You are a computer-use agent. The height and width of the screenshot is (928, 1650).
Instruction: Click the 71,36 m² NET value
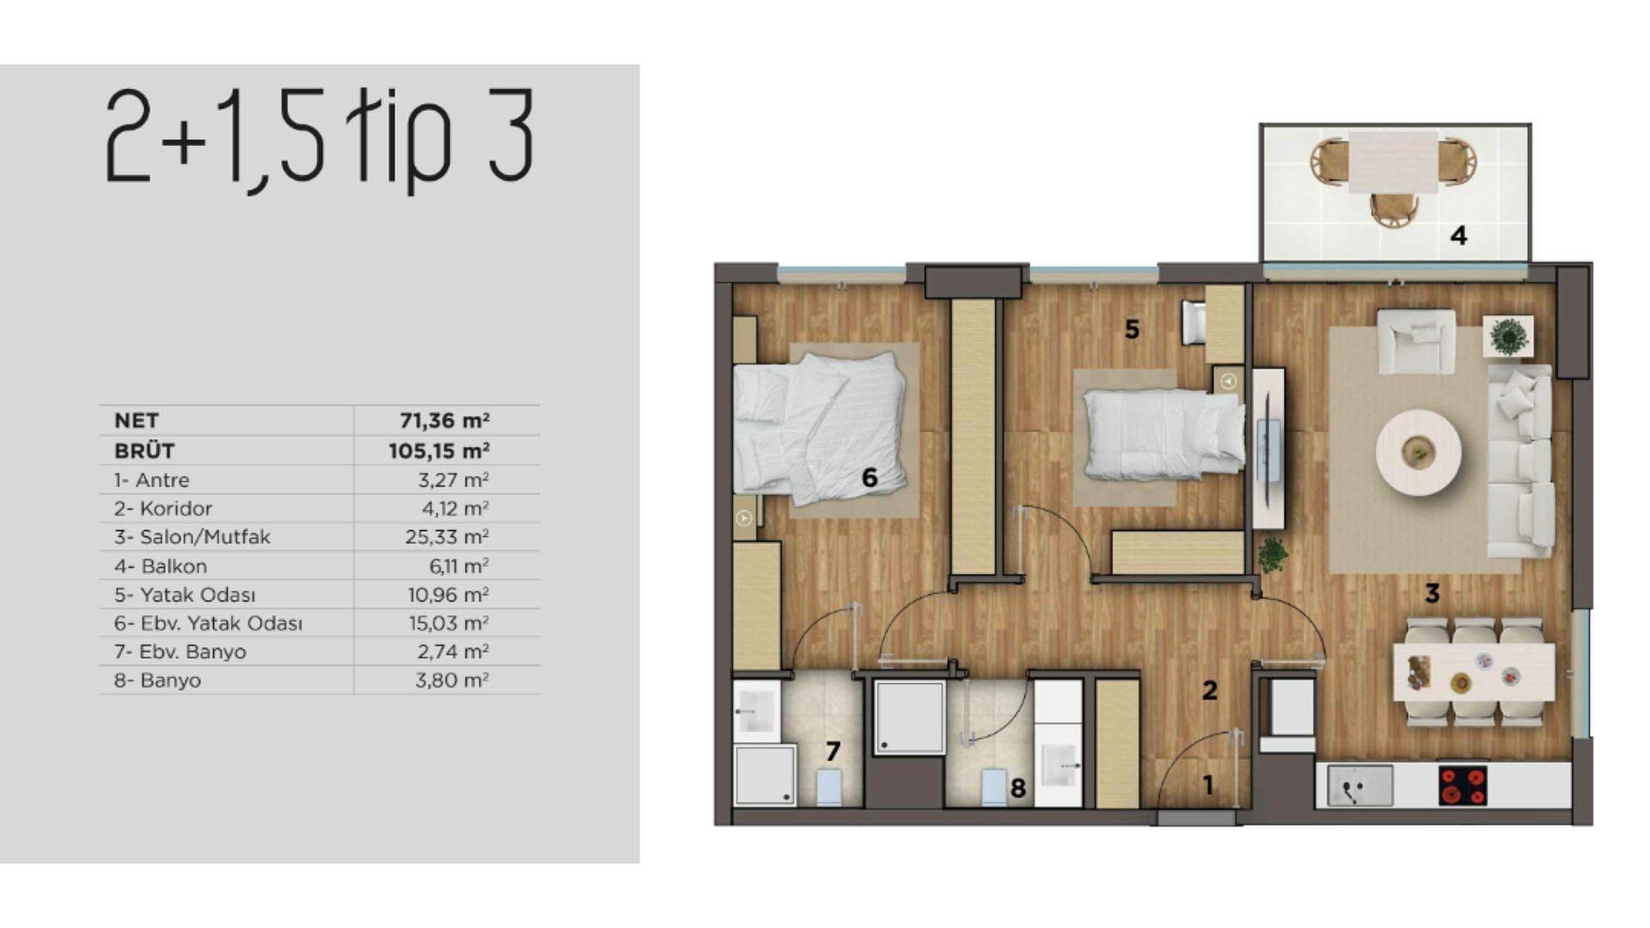(x=444, y=420)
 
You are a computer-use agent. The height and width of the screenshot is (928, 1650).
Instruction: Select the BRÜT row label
(x=144, y=450)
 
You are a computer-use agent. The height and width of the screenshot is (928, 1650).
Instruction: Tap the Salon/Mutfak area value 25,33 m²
(x=447, y=537)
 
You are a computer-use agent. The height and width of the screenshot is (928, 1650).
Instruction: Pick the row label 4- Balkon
(x=161, y=566)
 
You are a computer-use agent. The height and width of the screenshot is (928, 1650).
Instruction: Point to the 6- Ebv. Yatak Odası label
(x=208, y=623)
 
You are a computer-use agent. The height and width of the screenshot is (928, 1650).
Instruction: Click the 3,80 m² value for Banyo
(x=452, y=680)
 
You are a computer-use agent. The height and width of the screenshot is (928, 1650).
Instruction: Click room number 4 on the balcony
(x=1458, y=235)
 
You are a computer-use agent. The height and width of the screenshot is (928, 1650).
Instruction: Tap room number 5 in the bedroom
(x=1132, y=329)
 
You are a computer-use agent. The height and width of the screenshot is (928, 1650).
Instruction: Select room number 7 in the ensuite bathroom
(x=832, y=752)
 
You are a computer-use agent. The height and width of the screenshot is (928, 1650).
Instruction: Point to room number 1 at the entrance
(x=1207, y=785)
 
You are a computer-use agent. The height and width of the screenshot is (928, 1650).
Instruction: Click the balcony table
(x=1393, y=162)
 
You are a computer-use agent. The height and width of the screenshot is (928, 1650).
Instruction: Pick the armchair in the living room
(x=1415, y=342)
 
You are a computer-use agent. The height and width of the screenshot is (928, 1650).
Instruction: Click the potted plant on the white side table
(x=1508, y=336)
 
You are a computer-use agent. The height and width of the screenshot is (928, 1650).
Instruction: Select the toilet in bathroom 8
(x=993, y=786)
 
